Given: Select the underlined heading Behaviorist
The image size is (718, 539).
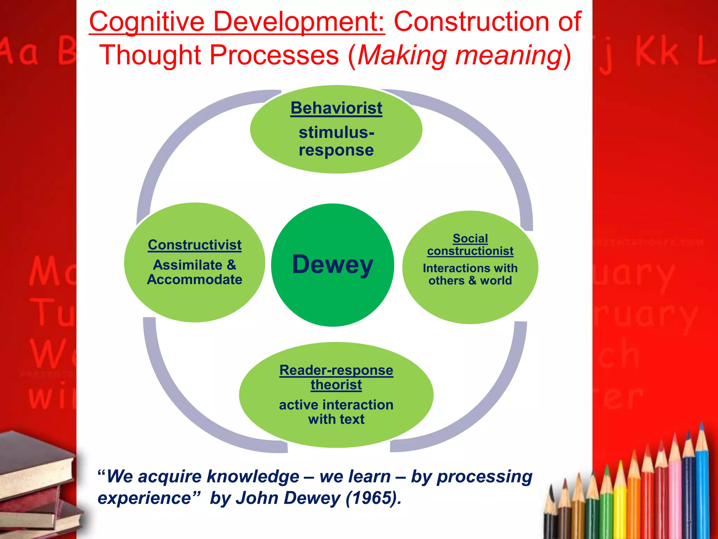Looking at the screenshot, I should (336, 108).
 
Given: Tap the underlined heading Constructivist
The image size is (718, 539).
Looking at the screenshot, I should (195, 245).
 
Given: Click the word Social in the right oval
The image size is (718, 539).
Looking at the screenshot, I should (470, 239).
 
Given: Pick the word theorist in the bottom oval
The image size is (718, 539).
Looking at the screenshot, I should (336, 385).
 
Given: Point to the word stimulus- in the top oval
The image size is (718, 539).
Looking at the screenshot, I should (336, 133).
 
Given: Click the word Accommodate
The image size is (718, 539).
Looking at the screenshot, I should (195, 280).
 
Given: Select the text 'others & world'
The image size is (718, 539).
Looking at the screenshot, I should (470, 281).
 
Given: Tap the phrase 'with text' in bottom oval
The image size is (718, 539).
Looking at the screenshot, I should (336, 419).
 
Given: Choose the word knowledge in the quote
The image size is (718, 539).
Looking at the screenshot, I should (253, 477).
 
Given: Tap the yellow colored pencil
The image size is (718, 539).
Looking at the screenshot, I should (620, 505).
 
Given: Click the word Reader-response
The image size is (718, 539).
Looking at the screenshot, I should (336, 370).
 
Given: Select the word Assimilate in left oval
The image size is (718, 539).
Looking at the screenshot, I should (188, 265).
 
